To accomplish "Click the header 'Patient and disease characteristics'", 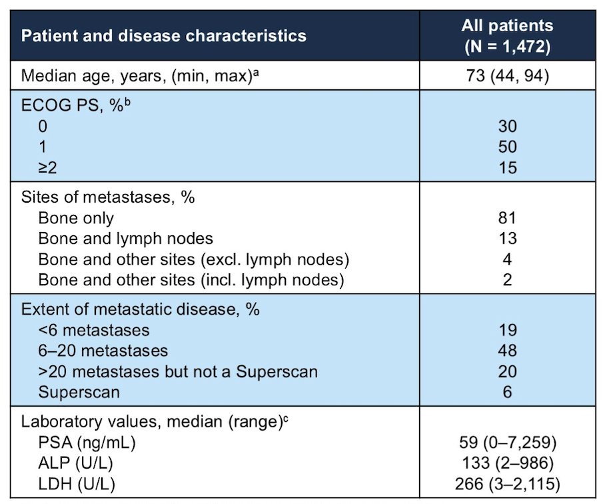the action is tap(164, 36).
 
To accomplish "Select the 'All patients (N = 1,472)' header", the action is tap(507, 36).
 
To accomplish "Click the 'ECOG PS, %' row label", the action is tap(76, 105).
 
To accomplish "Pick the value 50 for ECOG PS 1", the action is tap(507, 147).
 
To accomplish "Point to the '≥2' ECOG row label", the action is tap(47, 168).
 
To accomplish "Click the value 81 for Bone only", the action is tap(507, 218).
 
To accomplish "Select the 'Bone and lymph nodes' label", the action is tap(126, 239).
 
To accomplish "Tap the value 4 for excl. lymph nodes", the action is tap(507, 259).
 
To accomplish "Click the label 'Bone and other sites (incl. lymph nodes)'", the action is tap(191, 280).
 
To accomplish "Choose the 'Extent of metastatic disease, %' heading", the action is tap(141, 309).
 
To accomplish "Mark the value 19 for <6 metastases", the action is tap(507, 330).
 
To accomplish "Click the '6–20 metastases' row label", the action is tap(103, 351).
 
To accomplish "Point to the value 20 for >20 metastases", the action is tap(507, 371).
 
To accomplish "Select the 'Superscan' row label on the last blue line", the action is tap(79, 393).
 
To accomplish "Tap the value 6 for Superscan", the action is tap(507, 393).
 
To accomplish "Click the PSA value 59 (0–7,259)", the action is tap(508, 442).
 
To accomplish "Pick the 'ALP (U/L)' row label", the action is tap(76, 463).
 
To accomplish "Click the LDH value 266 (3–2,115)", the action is tap(507, 484).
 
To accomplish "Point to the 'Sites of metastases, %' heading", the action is tap(108, 197).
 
